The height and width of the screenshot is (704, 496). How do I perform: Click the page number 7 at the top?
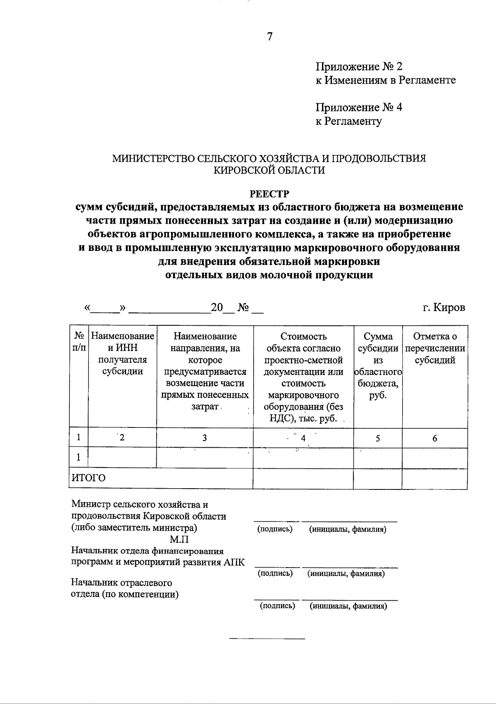[269, 37]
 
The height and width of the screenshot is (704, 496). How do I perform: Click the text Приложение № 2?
[359, 67]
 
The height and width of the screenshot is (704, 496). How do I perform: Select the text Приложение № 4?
[359, 107]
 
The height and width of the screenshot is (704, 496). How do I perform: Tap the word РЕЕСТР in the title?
[269, 193]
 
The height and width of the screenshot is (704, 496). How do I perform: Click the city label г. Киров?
[444, 308]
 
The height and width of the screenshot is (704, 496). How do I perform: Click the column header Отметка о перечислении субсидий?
[434, 348]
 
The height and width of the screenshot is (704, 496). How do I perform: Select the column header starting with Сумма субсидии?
[378, 365]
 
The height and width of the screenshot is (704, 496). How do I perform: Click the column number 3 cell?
[205, 438]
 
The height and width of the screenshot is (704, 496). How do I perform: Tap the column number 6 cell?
[434, 438]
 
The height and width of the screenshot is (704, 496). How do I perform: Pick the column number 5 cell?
[378, 438]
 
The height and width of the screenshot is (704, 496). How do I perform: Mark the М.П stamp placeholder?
[179, 539]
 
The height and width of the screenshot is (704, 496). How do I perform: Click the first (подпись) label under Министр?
[275, 529]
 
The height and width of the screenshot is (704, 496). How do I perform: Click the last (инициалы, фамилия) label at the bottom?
[348, 606]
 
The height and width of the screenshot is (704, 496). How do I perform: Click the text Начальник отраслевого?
[122, 583]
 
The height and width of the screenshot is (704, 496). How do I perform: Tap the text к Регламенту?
[349, 121]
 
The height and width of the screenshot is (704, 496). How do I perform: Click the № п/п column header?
[79, 342]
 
